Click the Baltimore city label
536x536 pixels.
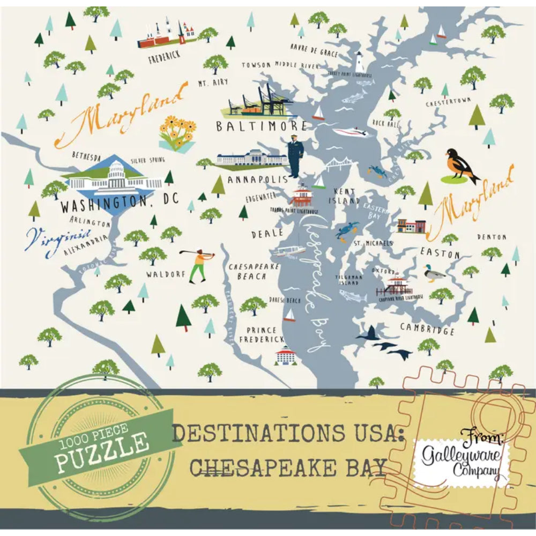tap(262, 126)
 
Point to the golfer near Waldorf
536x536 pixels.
tap(198, 265)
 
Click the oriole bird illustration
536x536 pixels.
tap(461, 166)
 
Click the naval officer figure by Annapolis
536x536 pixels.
tap(295, 155)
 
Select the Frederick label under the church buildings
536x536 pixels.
tap(165, 55)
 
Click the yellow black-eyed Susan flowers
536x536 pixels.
tap(177, 132)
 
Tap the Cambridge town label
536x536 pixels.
tap(427, 329)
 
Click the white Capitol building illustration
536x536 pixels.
tap(114, 177)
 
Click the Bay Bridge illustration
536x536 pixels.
tap(338, 164)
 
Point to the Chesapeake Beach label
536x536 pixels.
tap(247, 271)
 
